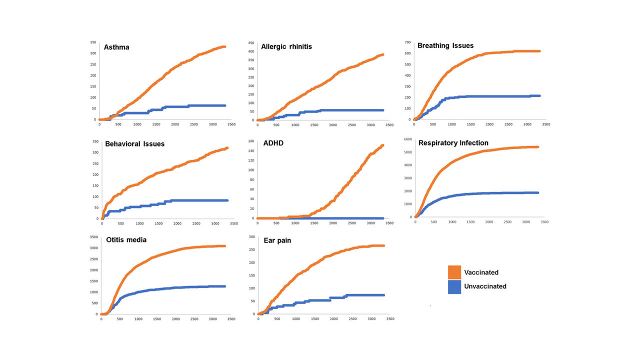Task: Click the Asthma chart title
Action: pos(116,47)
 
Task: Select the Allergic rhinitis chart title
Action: pos(286,46)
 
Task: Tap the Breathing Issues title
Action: pos(445,45)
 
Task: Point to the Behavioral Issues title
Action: pos(134,144)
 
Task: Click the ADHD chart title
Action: pos(273,143)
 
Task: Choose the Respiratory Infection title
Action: pos(453,143)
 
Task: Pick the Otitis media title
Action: pos(126,239)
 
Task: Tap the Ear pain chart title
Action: pos(277,240)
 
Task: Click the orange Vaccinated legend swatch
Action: pos(454,272)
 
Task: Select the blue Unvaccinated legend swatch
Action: pos(454,286)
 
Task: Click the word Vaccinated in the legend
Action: pos(481,272)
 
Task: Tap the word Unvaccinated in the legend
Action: pos(485,286)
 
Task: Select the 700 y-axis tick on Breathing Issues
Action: pos(407,42)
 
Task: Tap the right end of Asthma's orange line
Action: pos(225,46)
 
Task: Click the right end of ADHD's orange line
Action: pos(382,145)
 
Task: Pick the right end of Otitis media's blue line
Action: pos(225,286)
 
